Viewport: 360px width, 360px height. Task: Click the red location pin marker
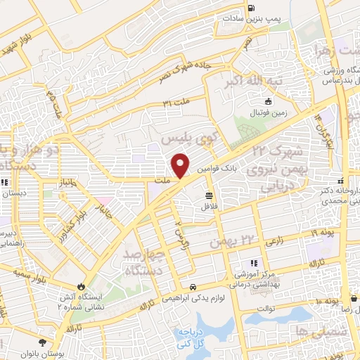181,165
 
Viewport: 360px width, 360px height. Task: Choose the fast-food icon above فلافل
209,195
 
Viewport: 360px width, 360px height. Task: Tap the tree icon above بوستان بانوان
44,342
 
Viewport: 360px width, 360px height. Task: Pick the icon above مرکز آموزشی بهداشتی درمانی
254,263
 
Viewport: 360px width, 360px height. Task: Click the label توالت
264,307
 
